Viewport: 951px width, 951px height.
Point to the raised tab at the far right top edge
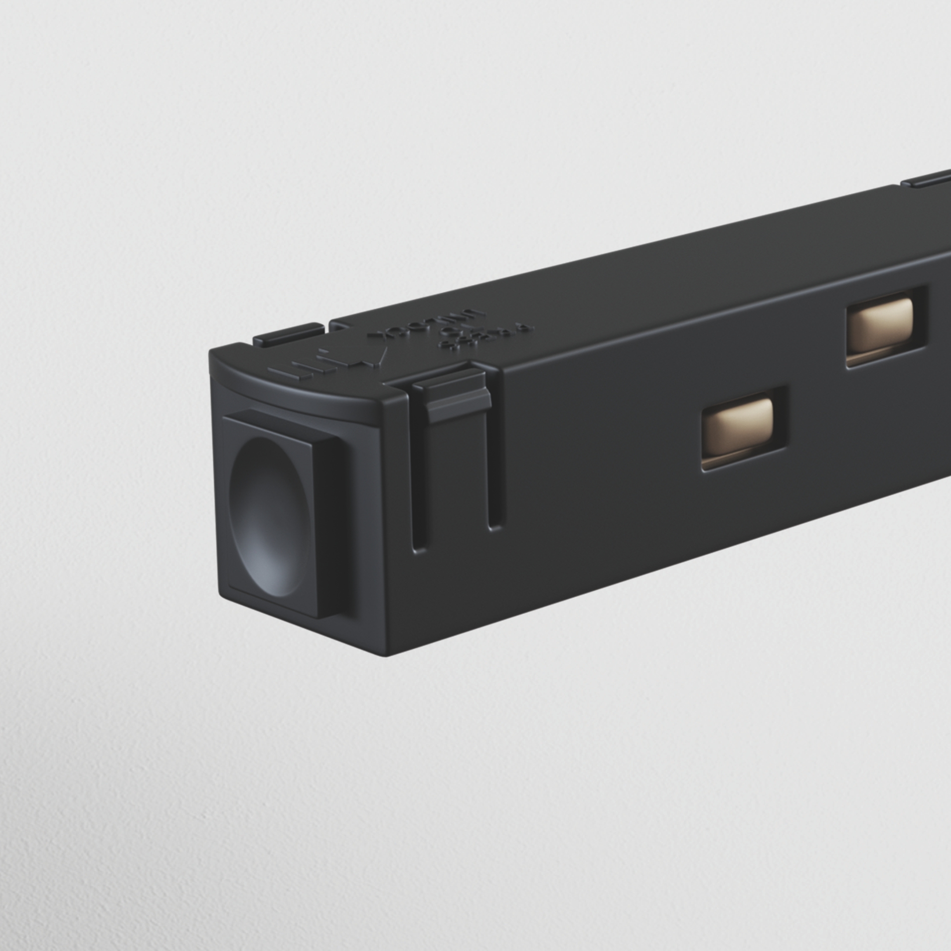point(927,177)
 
